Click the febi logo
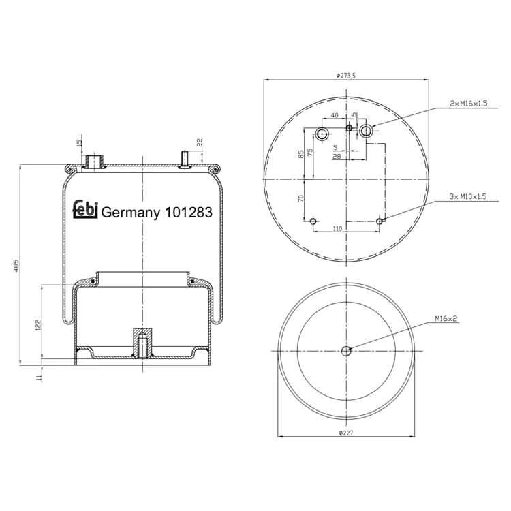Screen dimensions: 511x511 [x=85, y=209]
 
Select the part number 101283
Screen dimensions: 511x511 [x=189, y=212]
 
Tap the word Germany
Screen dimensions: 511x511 [x=131, y=213]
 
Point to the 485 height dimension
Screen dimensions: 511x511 [x=16, y=266]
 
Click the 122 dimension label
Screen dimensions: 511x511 [x=38, y=325]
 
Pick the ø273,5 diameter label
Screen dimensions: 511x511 [x=346, y=75]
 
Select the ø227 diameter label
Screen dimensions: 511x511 [x=345, y=433]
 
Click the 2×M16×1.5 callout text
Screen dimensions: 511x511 [x=468, y=104]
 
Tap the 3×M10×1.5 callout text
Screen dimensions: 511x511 [x=468, y=196]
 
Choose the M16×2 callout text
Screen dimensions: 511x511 [x=446, y=318]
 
